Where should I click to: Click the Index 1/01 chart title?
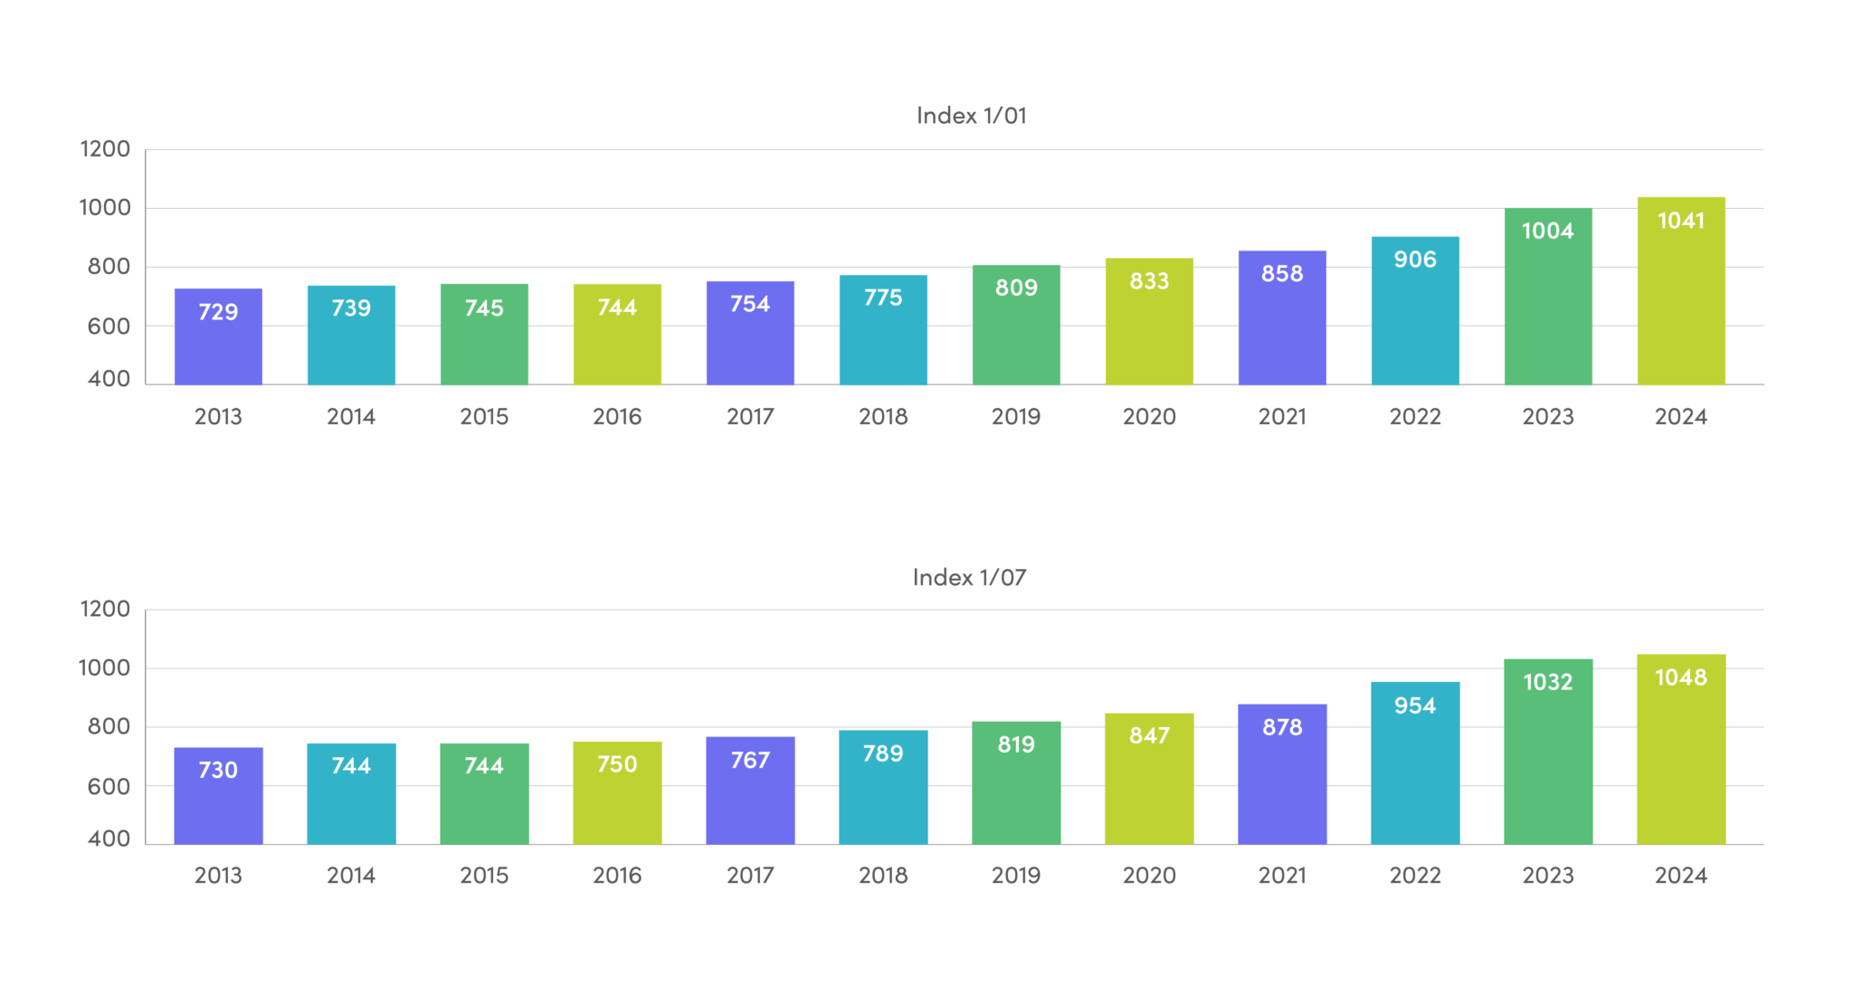[971, 116]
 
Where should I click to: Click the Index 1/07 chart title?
[969, 577]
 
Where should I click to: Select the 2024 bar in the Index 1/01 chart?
[1681, 298]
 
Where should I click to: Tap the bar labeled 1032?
[1548, 760]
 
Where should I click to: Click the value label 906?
[1415, 260]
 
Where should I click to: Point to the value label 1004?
[1547, 231]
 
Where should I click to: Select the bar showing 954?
[1415, 769]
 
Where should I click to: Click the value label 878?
[1282, 727]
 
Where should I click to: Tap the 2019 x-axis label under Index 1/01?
[1015, 417]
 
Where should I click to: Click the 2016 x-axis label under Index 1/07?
[617, 876]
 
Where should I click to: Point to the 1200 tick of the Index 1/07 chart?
[105, 609]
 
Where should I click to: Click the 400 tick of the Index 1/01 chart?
[109, 379]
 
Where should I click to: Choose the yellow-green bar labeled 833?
[1149, 330]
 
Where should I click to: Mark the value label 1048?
[1680, 677]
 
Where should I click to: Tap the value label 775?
[883, 298]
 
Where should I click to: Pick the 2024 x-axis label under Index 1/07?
[1680, 876]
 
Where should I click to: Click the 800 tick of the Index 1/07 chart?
[109, 726]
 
